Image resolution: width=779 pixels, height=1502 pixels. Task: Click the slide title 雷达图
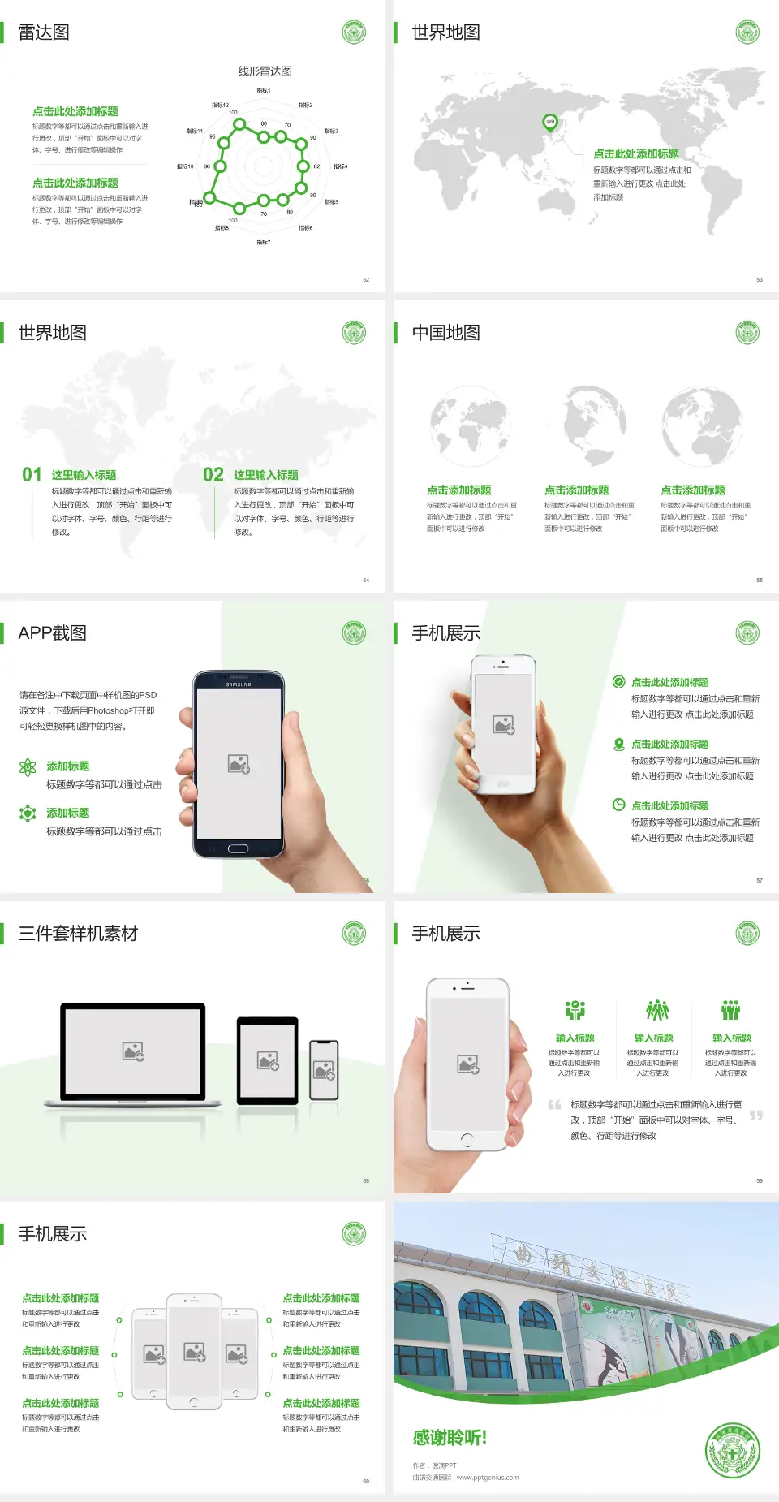click(x=44, y=32)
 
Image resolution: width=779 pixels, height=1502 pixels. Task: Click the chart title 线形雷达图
click(x=265, y=71)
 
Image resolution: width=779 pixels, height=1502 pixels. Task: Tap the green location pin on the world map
click(x=550, y=123)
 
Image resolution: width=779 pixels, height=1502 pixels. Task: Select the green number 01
click(x=32, y=475)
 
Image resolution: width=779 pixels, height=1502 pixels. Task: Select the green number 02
click(x=213, y=475)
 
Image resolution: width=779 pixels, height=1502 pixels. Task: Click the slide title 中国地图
click(x=445, y=333)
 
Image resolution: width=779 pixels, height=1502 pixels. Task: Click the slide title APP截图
click(x=52, y=633)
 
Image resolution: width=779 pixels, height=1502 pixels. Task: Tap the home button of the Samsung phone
click(x=238, y=848)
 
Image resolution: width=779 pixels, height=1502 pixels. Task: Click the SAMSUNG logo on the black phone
click(x=239, y=684)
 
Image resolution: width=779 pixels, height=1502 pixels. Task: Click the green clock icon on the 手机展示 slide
click(x=618, y=805)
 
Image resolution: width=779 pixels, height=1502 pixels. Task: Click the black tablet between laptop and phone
click(x=268, y=1060)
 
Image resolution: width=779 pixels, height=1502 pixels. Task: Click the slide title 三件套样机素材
click(x=78, y=934)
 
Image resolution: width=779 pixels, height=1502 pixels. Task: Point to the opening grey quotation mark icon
click(x=554, y=1105)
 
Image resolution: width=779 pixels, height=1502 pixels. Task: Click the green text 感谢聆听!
click(x=450, y=1438)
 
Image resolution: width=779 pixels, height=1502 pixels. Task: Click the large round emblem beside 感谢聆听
click(x=732, y=1451)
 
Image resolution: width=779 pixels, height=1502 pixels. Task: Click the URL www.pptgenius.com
click(x=488, y=1478)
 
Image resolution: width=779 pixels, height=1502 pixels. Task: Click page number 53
click(x=760, y=279)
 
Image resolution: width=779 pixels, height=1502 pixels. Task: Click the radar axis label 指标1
click(x=264, y=91)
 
